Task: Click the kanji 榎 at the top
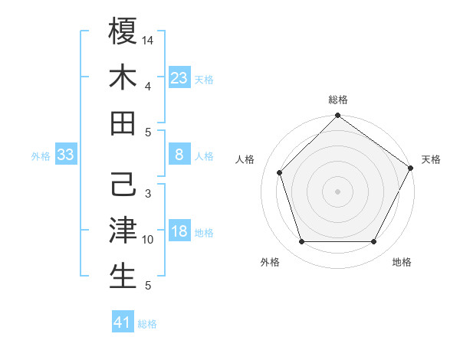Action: (x=123, y=32)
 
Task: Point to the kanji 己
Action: (x=123, y=186)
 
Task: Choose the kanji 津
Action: (x=123, y=231)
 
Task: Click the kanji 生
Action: (x=123, y=277)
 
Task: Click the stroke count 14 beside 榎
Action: (x=149, y=39)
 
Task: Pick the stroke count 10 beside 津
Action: (x=149, y=240)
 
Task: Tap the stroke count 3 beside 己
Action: (x=147, y=194)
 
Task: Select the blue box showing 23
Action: (x=179, y=77)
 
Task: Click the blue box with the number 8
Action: (x=179, y=155)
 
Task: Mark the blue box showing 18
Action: (x=179, y=232)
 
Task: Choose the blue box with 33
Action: (x=65, y=155)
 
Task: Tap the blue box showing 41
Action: (x=123, y=322)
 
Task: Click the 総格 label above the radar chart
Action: (x=337, y=100)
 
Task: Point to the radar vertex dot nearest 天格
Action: (x=411, y=168)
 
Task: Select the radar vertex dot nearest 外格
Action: (x=301, y=242)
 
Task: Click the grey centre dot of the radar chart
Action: (x=337, y=191)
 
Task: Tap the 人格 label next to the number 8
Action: (x=204, y=156)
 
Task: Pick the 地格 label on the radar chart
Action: (x=402, y=262)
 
